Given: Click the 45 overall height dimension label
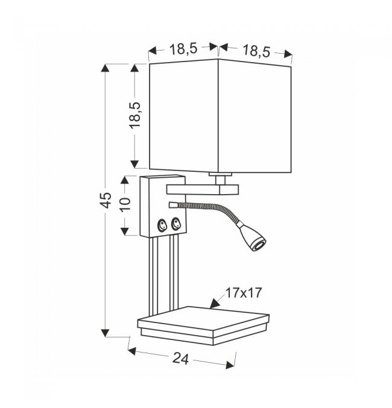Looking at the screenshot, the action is coord(106,200).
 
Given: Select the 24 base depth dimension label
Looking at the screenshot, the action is coord(180,359).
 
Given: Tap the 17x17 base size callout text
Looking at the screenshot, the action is coord(243,293).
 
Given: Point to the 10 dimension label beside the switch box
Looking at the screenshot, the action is coord(125,205).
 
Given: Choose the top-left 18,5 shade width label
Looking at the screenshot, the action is coord(183,49).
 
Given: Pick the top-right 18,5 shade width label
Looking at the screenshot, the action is coord(256,51).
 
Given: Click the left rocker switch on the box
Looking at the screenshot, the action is coord(162,225).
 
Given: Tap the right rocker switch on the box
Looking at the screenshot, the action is coord(175,224).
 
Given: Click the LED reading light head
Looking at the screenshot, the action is coord(253,236).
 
